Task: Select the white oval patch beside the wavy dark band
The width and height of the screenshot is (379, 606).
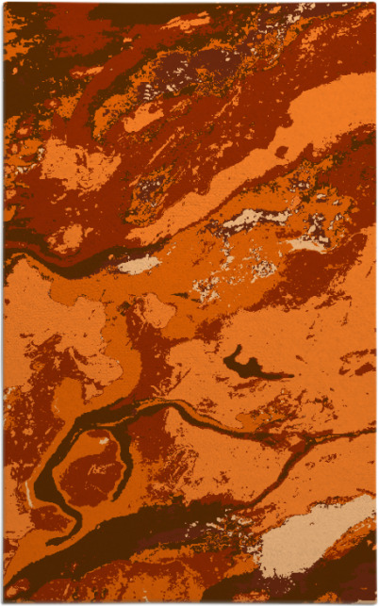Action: pos(139,265)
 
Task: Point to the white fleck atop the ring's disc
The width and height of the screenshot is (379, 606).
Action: pos(103,440)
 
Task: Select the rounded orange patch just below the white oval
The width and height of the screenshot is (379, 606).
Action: pos(155,312)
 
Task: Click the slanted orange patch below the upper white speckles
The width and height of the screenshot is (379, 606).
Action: pos(141,117)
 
